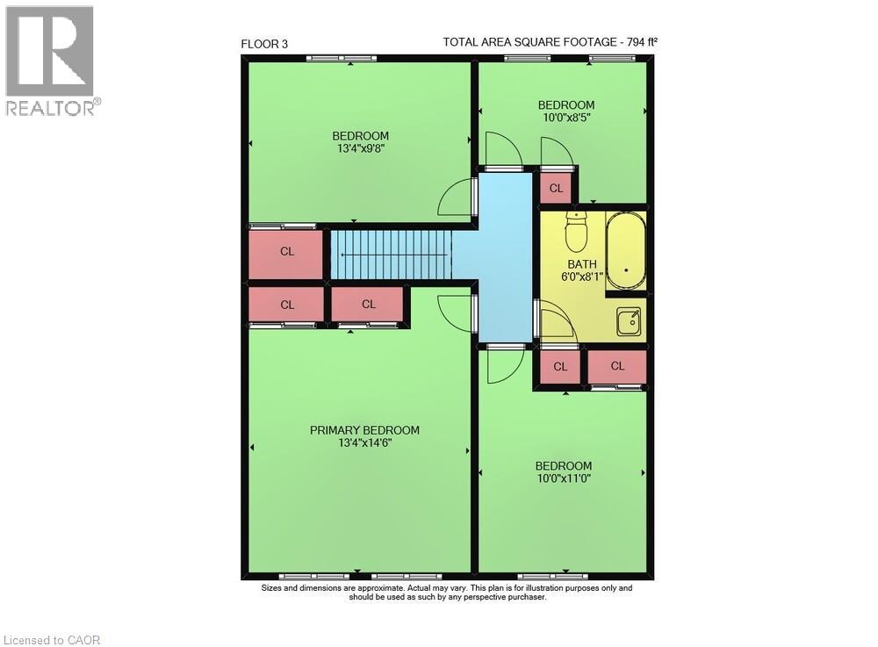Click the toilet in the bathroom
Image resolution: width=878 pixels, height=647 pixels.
coord(576,232)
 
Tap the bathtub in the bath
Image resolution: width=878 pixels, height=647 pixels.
coord(625,251)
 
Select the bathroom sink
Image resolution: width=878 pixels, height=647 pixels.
coord(629,322)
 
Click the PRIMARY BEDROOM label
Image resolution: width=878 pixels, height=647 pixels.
coord(364,430)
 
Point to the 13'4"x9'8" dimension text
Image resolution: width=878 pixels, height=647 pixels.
coord(361,148)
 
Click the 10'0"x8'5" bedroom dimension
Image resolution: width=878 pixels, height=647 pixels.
coord(566,118)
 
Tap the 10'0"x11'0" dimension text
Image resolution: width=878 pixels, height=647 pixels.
coord(564,478)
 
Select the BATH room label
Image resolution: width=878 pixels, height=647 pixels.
coord(582,264)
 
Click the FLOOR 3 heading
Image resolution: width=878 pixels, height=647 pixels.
coord(264,44)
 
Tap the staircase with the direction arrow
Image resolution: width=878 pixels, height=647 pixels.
coord(392,255)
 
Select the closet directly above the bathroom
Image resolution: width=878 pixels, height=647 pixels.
coord(556,188)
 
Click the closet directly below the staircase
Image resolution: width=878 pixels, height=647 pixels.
coord(367,304)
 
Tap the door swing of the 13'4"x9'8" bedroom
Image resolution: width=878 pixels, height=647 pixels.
coord(455,197)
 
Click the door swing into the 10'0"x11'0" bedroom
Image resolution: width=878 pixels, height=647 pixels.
coord(505,365)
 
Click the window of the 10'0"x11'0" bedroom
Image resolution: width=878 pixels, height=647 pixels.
coord(552,576)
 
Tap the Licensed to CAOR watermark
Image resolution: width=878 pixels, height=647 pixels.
coord(52,640)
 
